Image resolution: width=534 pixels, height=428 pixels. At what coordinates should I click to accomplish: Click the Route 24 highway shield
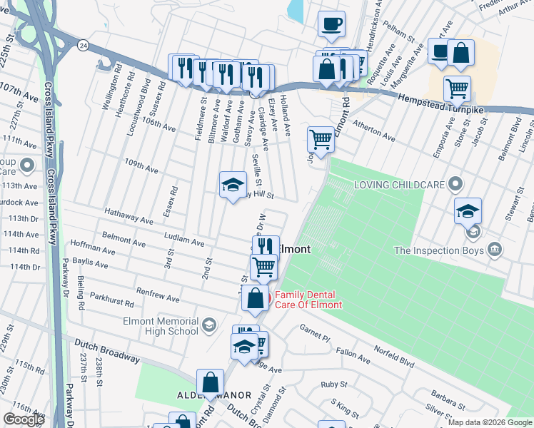[x=84, y=45]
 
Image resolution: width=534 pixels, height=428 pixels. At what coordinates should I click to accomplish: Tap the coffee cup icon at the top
[x=331, y=24]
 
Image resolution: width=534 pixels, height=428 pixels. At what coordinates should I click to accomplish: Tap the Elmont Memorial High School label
[x=161, y=326]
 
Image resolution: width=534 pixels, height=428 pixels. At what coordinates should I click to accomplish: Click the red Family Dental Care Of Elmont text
[x=308, y=300]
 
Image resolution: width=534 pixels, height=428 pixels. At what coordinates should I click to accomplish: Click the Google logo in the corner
[x=24, y=419]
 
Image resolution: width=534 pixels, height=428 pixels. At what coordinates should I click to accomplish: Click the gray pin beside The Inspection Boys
[x=494, y=250]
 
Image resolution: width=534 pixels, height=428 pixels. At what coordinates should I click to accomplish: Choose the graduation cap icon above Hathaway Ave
[x=233, y=185]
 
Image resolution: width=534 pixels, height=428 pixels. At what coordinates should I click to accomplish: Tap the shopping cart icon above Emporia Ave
[x=457, y=89]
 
